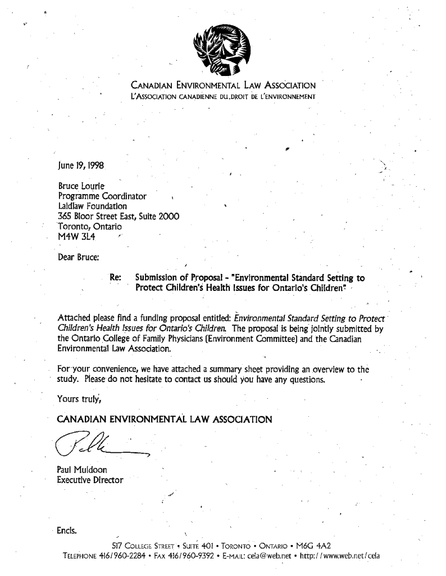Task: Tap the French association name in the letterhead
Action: pos(223,96)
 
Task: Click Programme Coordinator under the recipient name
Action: pos(103,196)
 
